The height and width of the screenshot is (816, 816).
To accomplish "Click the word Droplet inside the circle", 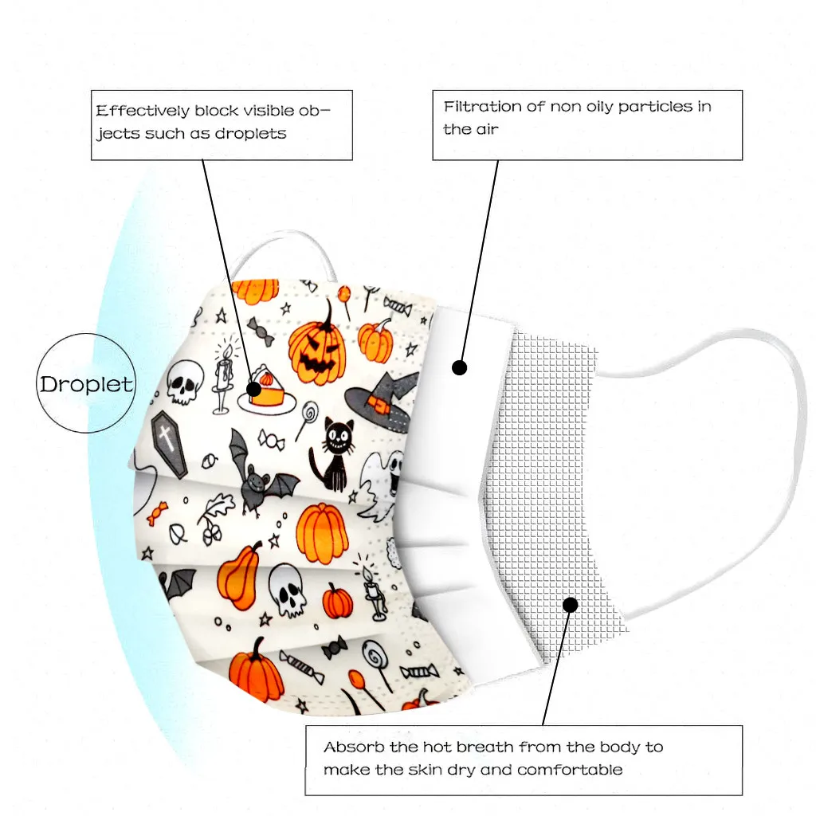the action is coord(86,384).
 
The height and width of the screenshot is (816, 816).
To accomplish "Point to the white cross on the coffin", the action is coord(166,436).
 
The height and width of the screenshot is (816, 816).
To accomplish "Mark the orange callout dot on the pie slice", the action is coord(253,389).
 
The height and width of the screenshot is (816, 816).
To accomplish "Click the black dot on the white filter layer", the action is coord(459,367).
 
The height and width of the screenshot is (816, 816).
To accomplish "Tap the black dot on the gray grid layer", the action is coord(570,605).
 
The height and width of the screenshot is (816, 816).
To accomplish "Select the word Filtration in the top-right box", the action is coord(483,107).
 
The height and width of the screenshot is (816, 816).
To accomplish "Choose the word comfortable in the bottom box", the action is coord(570,770).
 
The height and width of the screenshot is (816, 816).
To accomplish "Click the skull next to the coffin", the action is coord(185,381).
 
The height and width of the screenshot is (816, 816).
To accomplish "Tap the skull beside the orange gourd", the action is coord(287,590).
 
